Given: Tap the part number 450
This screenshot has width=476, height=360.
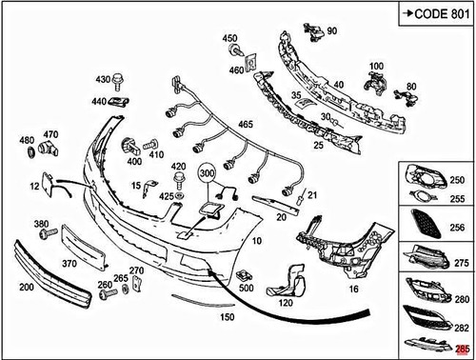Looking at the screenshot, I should [x=229, y=39].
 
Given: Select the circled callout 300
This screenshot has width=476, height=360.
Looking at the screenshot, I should [x=208, y=174].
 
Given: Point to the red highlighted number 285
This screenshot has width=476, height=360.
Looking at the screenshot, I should [x=464, y=350].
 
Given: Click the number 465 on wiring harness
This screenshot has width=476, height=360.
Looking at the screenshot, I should [x=246, y=125].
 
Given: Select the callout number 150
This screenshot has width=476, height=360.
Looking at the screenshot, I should [x=227, y=315].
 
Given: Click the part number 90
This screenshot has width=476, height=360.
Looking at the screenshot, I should [x=332, y=31].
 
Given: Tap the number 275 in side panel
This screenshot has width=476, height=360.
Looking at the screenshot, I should [x=462, y=262].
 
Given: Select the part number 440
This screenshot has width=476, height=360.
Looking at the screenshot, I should [x=99, y=101].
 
